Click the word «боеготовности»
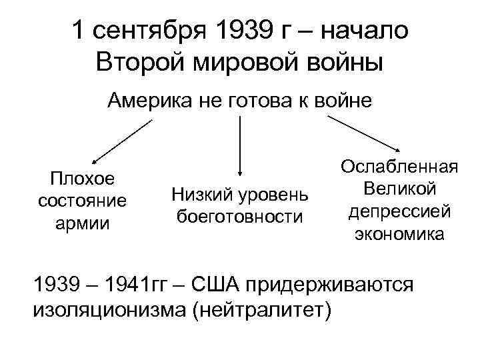tap(239, 217)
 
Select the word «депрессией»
tap(399, 211)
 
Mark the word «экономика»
tap(399, 234)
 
